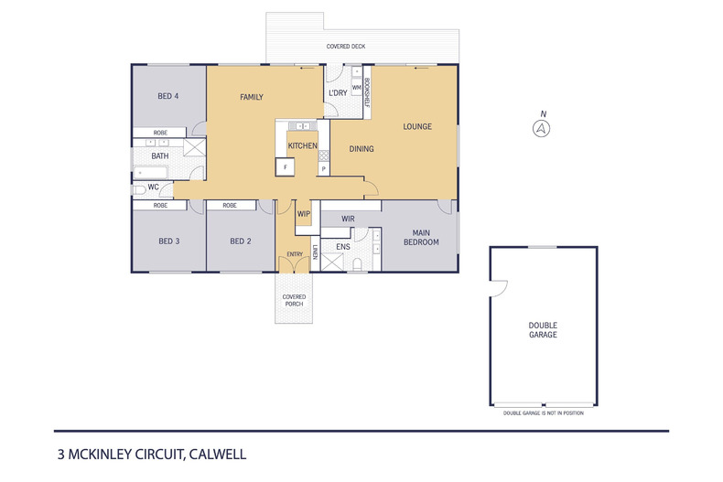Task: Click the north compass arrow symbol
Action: tap(541, 129)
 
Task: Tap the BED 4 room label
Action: tap(167, 96)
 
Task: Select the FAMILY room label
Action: tap(252, 97)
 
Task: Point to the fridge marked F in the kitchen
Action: tap(285, 166)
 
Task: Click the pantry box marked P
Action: tap(324, 169)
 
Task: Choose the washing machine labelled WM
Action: tap(357, 87)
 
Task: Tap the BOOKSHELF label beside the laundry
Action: tap(368, 92)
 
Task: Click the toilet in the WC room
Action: tap(139, 189)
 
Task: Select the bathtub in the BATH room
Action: tap(150, 173)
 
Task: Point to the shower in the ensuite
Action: tap(332, 262)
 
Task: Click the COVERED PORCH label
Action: tap(294, 300)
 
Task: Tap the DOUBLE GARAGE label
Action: tap(543, 330)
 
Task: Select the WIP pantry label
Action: tap(304, 214)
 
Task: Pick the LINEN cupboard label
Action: tap(316, 252)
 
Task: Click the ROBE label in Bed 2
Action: tap(230, 206)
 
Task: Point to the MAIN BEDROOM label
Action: tap(421, 237)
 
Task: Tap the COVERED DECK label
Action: tap(346, 46)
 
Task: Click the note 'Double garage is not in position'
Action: tap(544, 413)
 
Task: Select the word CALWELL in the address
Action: tap(218, 455)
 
